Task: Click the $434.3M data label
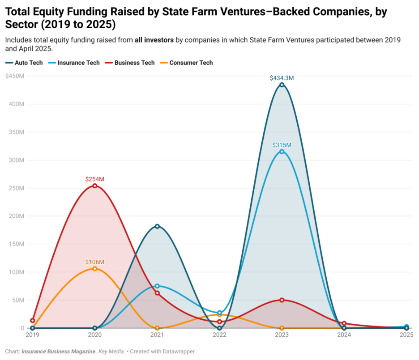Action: pyautogui.click(x=282, y=78)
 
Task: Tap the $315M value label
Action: pyautogui.click(x=282, y=145)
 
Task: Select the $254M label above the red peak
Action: pyautogui.click(x=94, y=179)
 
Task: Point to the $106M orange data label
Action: pyautogui.click(x=94, y=262)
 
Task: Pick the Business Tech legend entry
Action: pyautogui.click(x=130, y=63)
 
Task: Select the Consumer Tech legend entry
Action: pyautogui.click(x=186, y=63)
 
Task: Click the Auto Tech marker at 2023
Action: pyautogui.click(x=282, y=85)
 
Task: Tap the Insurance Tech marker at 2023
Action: pyautogui.click(x=282, y=152)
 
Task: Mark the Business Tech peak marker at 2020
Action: pyautogui.click(x=94, y=186)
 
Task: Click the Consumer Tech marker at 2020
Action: pyautogui.click(x=94, y=269)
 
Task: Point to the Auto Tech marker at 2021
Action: pyautogui.click(x=157, y=226)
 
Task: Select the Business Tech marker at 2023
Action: pyautogui.click(x=282, y=300)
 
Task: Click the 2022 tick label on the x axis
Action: pyautogui.click(x=219, y=335)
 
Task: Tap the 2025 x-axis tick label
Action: pyautogui.click(x=406, y=335)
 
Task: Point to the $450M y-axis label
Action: pyautogui.click(x=15, y=76)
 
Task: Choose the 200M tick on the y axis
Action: pyautogui.click(x=17, y=216)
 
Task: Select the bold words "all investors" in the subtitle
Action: pyautogui.click(x=154, y=40)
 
